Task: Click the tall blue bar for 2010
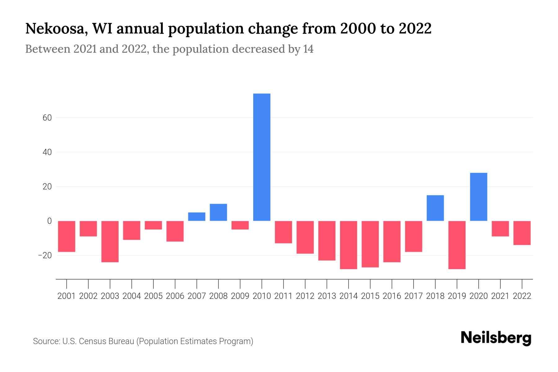pos(262,157)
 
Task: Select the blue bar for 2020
pos(478,197)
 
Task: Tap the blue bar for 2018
pos(435,208)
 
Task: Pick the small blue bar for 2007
pos(197,217)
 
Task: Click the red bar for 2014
pos(348,245)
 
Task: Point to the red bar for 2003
pos(110,241)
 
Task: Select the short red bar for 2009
pos(240,225)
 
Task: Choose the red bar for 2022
pos(522,233)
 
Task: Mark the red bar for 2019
pos(457,245)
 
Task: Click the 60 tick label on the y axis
pos(45,118)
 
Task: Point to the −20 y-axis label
pos(44,255)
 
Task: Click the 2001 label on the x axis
pos(67,296)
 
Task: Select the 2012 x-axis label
pos(305,296)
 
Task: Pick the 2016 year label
pos(392,296)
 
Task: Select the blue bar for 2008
pos(218,212)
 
